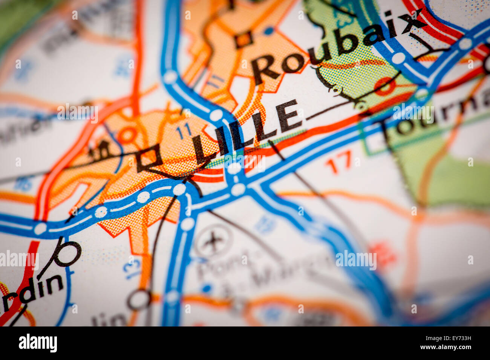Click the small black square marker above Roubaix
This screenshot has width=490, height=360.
tap(243, 39)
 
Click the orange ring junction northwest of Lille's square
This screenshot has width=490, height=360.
tap(129, 135)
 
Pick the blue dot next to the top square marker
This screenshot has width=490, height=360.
tap(268, 31)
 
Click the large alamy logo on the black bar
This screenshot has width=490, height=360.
tap(38, 343)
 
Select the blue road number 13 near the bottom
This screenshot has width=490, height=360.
tap(132, 268)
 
